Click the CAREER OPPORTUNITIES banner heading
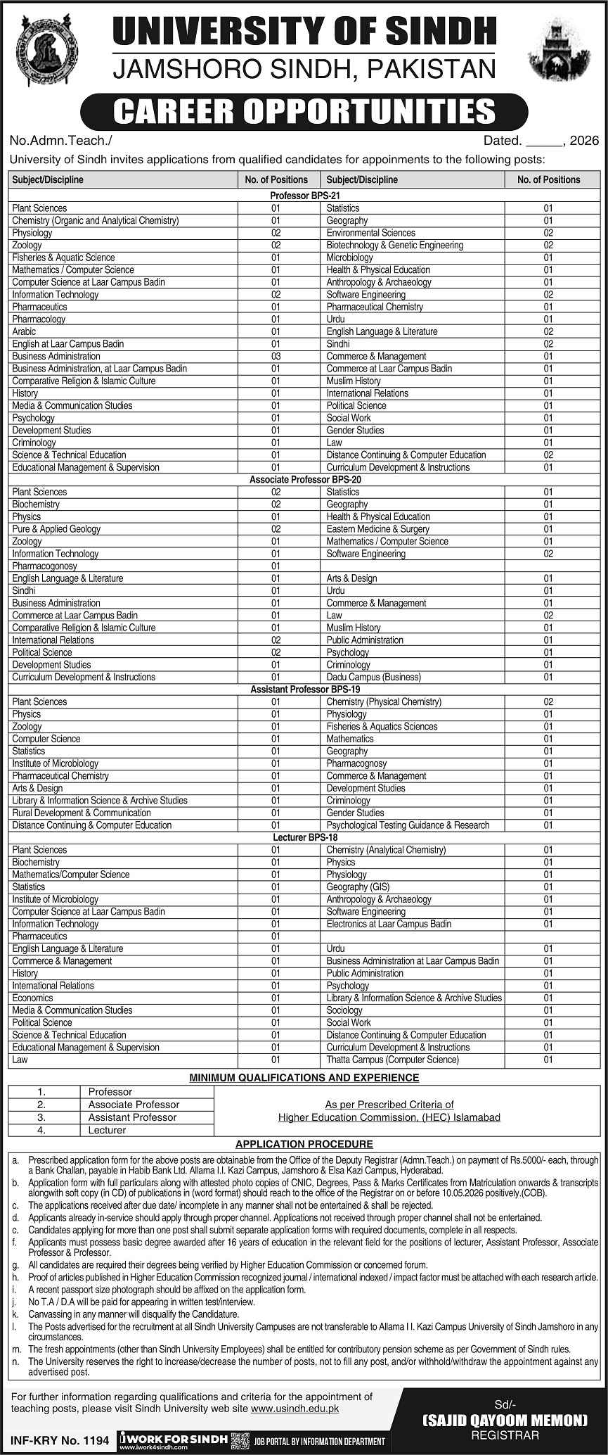pyautogui.click(x=304, y=112)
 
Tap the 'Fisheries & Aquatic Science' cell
pyautogui.click(x=63, y=258)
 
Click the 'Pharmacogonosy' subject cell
pyautogui.click(x=44, y=566)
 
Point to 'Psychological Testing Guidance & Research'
pyautogui.click(x=408, y=825)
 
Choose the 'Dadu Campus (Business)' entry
pyautogui.click(x=373, y=677)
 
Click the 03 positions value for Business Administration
pyautogui.click(x=276, y=356)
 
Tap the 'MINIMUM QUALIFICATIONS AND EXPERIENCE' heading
pyautogui.click(x=304, y=1077)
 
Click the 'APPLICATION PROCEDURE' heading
pyautogui.click(x=304, y=1144)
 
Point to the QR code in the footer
pyautogui.click(x=240, y=1436)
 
